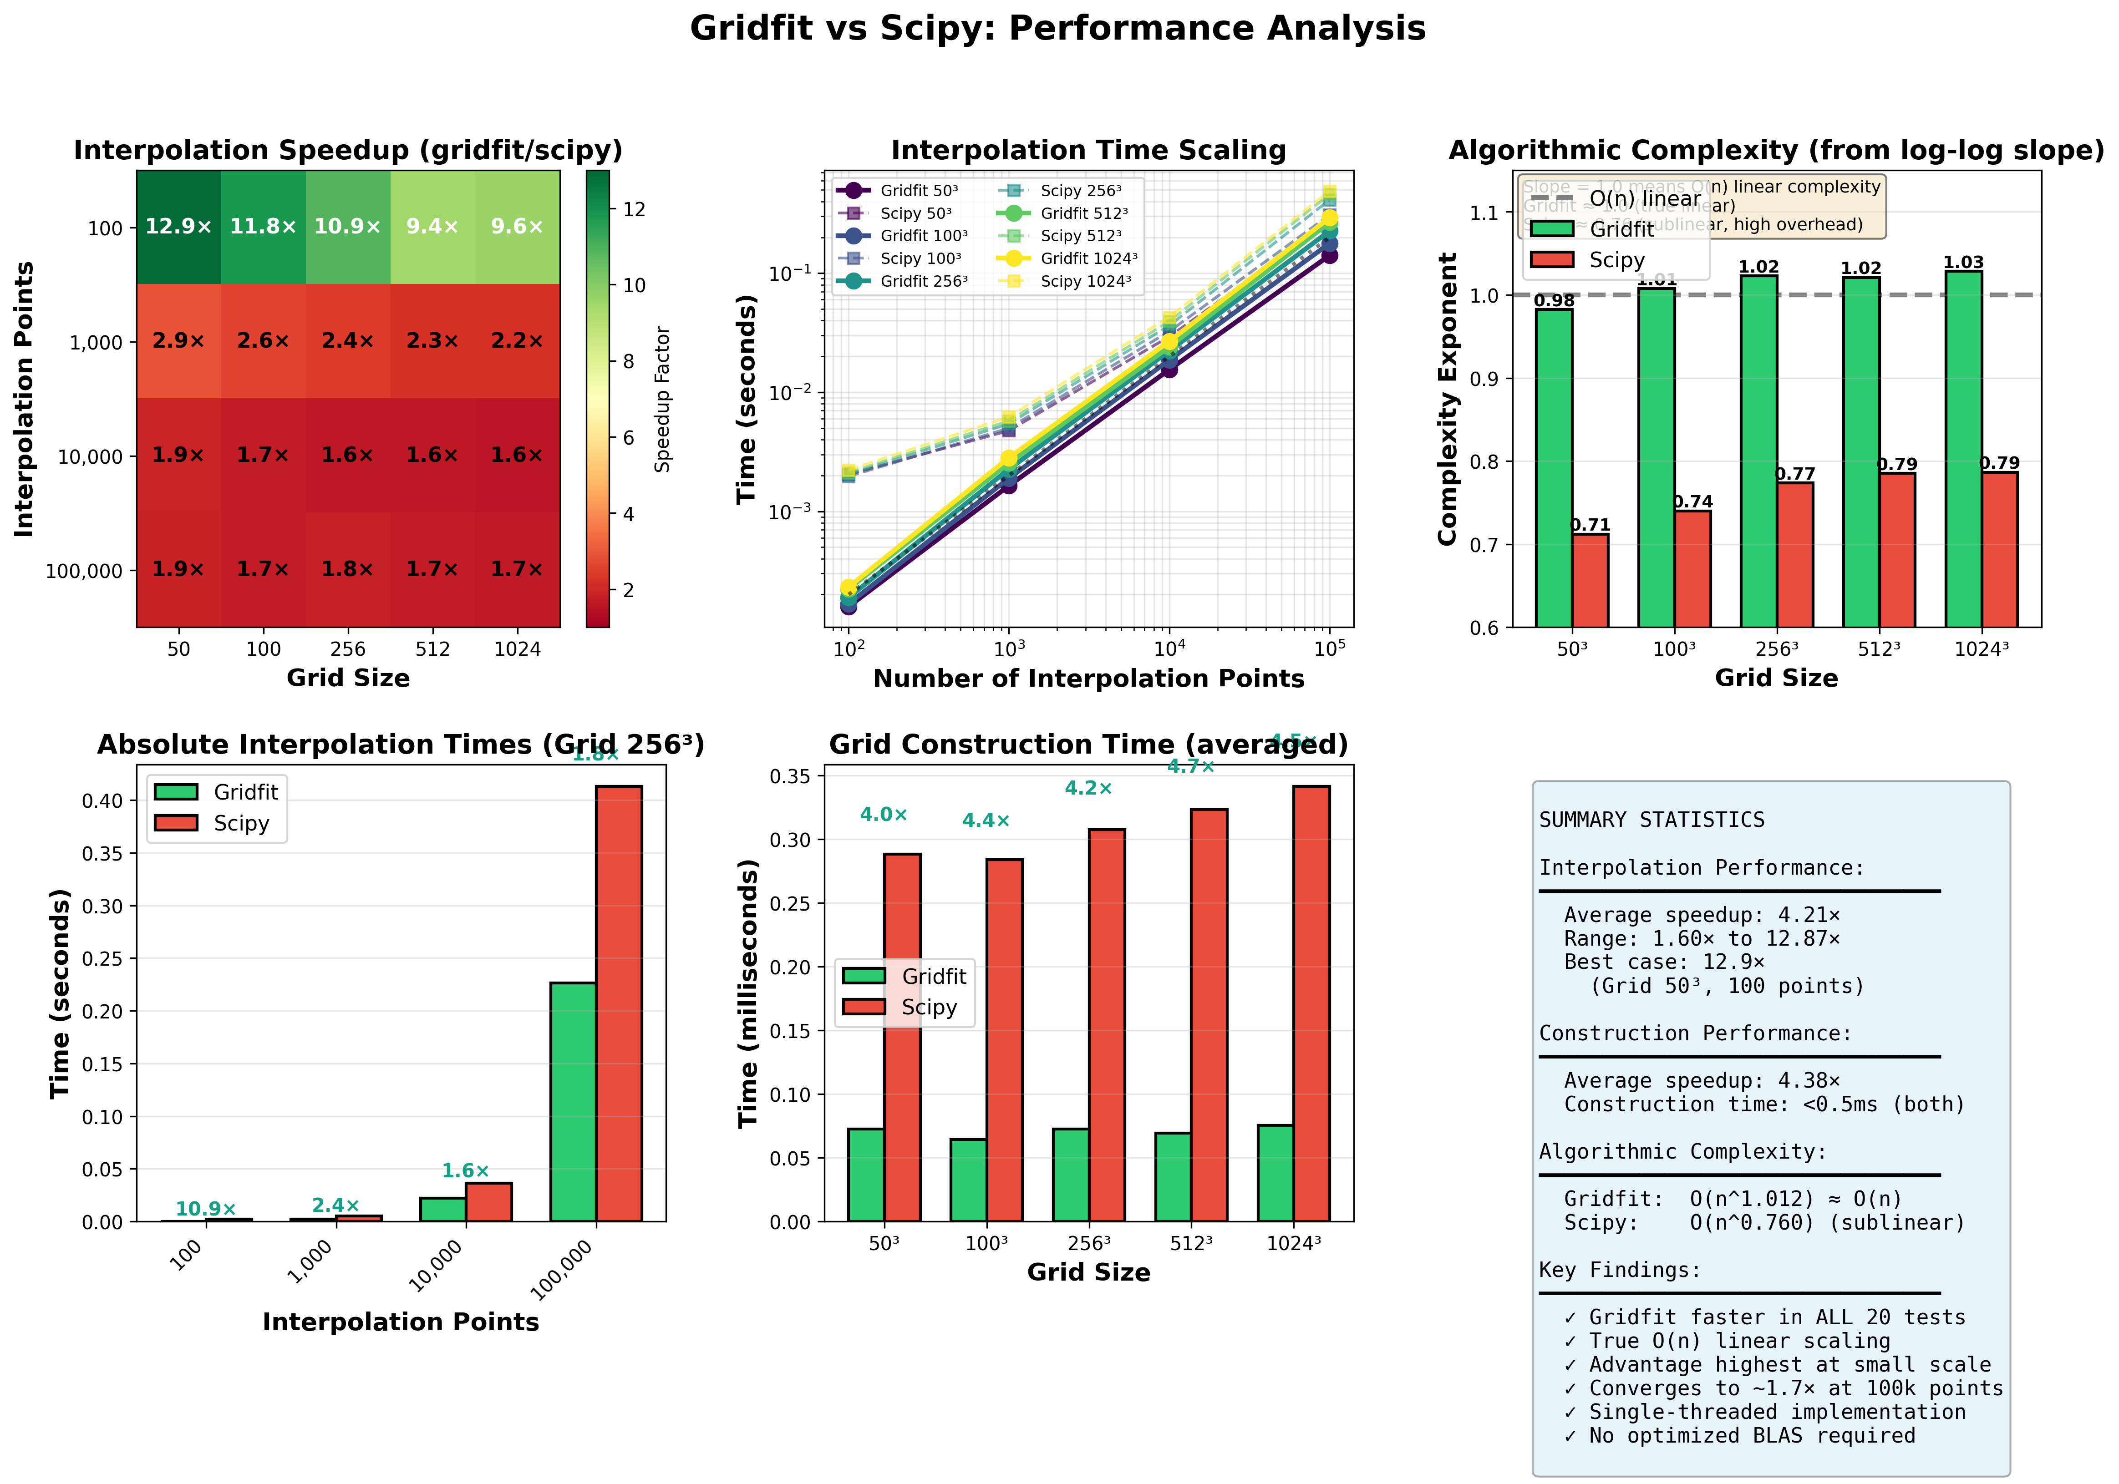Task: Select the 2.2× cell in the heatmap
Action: (517, 341)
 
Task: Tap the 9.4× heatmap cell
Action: (432, 227)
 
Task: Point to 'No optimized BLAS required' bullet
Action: (1740, 1436)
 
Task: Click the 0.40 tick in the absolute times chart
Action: (103, 801)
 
